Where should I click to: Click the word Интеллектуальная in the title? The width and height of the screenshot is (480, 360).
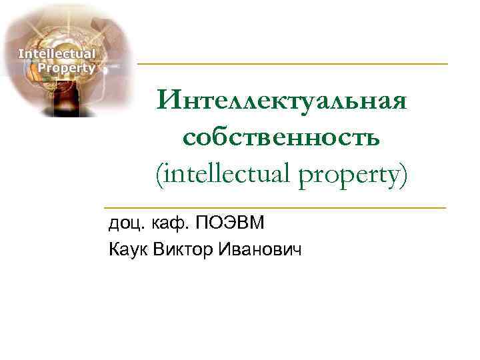point(282,102)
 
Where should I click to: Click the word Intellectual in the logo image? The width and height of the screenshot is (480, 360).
point(56,53)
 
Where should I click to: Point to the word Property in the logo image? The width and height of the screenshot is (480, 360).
point(67,67)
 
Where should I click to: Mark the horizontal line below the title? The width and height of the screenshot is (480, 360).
point(275,208)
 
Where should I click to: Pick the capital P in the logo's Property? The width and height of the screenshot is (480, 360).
point(43,67)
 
